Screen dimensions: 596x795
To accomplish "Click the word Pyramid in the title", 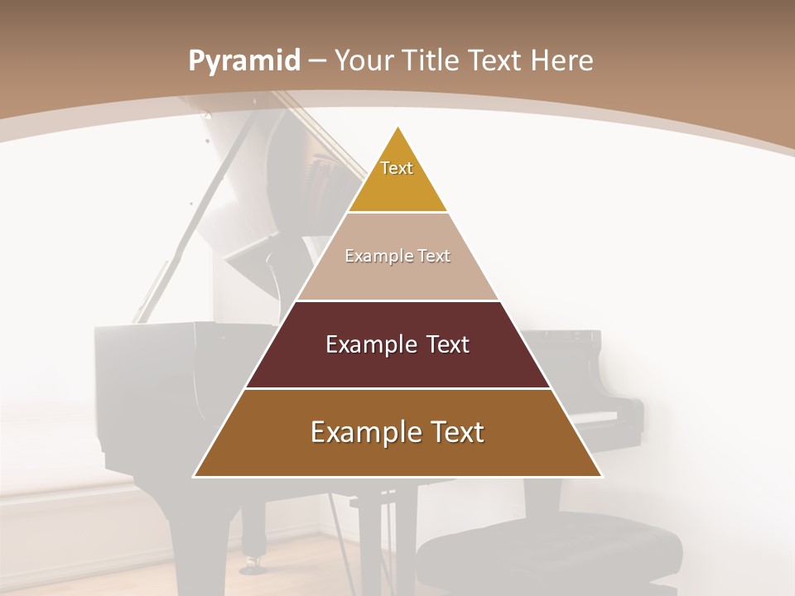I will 243,62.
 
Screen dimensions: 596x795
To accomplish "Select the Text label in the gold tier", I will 397,168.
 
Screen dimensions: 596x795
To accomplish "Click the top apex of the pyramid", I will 397,128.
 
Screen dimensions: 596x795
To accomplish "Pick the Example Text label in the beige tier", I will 397,256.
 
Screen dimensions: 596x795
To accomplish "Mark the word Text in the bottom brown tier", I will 457,432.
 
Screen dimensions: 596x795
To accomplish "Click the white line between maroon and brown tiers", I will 397,388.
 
